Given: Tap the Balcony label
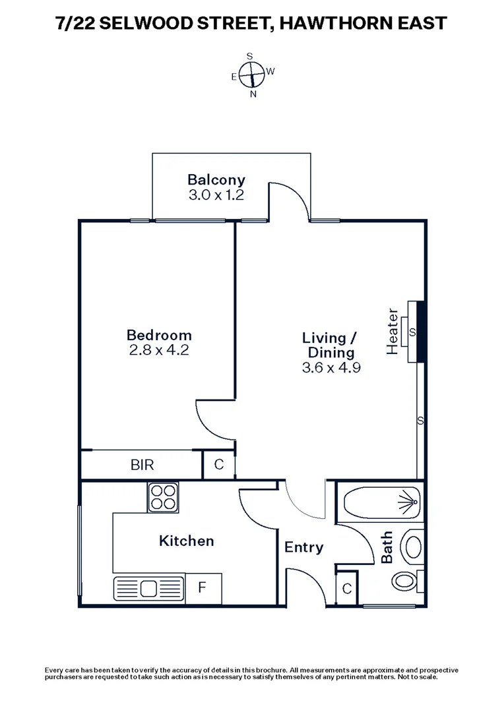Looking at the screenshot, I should pos(216,179).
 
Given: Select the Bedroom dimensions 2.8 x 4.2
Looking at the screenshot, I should pos(159,350).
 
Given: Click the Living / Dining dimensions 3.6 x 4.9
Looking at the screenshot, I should pos(331,368).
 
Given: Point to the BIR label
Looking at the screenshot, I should pos(142,465).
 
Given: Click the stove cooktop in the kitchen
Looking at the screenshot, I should pos(164,496).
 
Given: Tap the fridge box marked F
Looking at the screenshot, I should pos(203,587).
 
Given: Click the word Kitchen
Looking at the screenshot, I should pos(187,541).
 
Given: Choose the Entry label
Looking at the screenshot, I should pos(304,547).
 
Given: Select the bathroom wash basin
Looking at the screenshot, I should pos(413,547).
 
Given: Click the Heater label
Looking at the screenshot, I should pos(393,331).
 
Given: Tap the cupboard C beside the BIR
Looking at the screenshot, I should pos(218,465).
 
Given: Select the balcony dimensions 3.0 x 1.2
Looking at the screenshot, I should pos(216,195).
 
